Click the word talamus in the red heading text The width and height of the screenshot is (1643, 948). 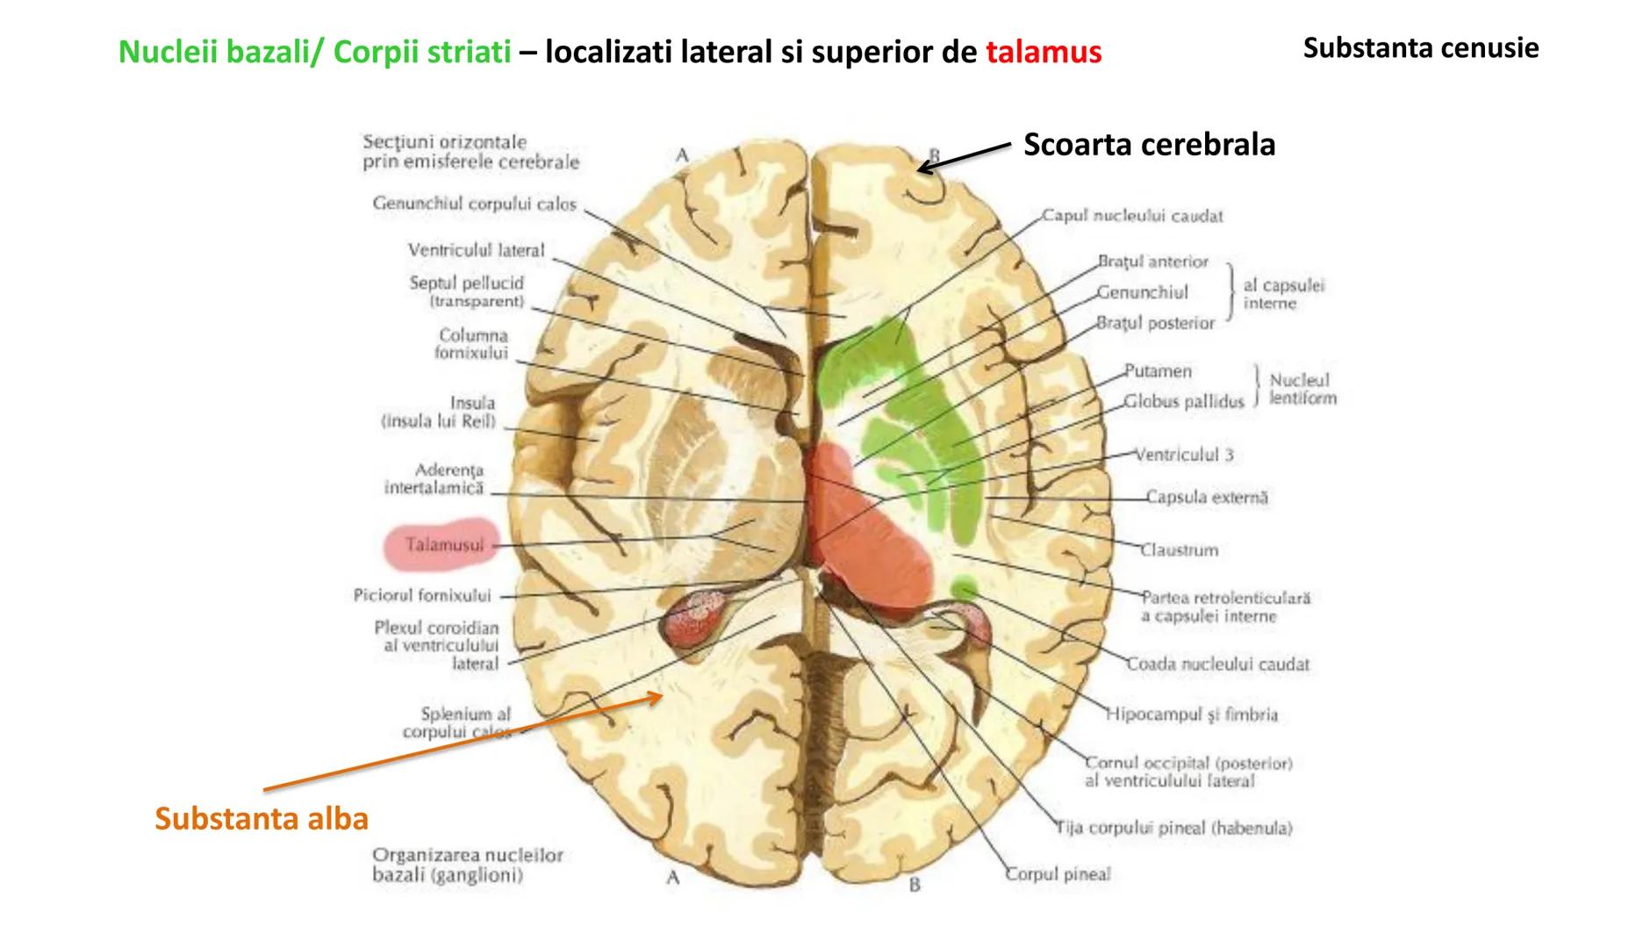point(1043,53)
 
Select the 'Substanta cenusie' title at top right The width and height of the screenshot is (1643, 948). point(1420,47)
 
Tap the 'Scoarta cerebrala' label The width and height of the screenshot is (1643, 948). point(1149,144)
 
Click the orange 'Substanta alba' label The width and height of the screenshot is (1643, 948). point(262,818)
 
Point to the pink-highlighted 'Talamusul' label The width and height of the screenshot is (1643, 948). point(443,545)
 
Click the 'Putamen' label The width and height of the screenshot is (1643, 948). point(1158,371)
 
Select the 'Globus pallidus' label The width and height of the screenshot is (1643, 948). point(1184,402)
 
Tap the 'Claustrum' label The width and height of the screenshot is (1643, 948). point(1179,550)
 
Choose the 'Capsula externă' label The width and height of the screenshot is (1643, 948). point(1207,498)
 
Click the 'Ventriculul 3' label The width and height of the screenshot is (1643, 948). point(1184,455)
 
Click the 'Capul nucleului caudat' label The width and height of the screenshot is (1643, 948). point(1132,216)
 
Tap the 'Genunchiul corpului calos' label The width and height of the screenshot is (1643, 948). point(474,204)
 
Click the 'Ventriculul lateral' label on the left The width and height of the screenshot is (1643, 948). point(476,250)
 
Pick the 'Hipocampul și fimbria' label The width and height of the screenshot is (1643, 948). point(1191,715)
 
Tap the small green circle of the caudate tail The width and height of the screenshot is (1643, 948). point(965,587)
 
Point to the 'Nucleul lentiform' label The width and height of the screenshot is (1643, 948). point(1302,389)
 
